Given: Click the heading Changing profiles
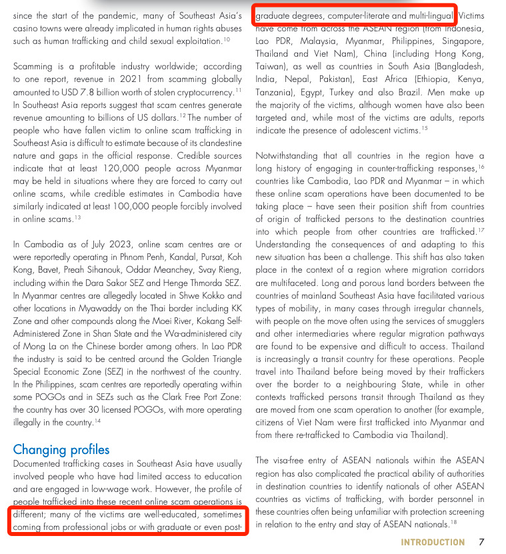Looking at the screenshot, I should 61,449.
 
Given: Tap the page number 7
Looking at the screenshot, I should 481,541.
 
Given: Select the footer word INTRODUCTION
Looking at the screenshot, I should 433,541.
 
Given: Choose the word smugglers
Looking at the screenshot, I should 465,321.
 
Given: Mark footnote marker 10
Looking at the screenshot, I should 227,39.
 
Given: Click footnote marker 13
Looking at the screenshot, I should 77,216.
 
